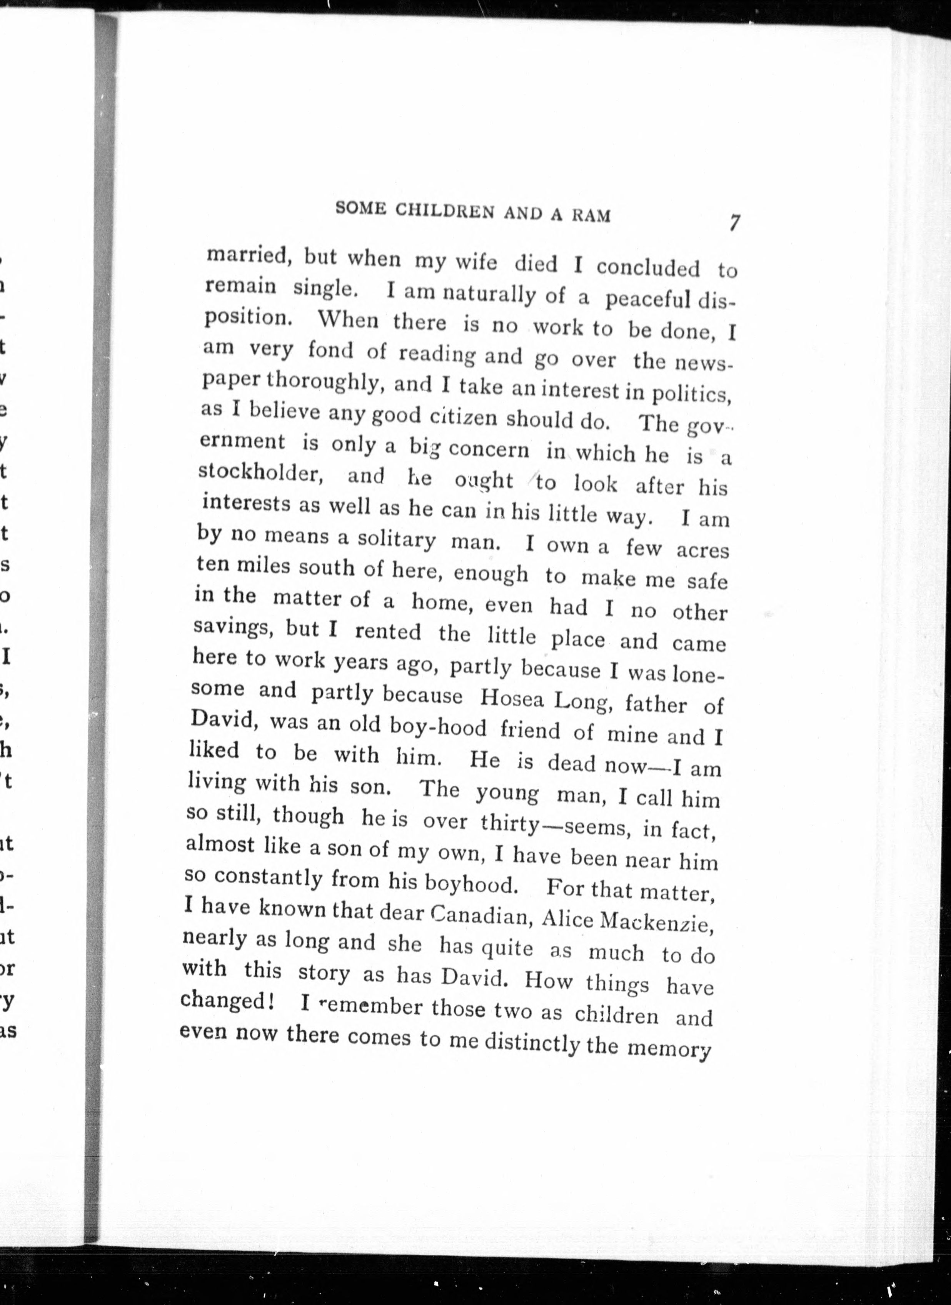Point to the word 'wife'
pos(475,262)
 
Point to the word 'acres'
pos(702,550)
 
